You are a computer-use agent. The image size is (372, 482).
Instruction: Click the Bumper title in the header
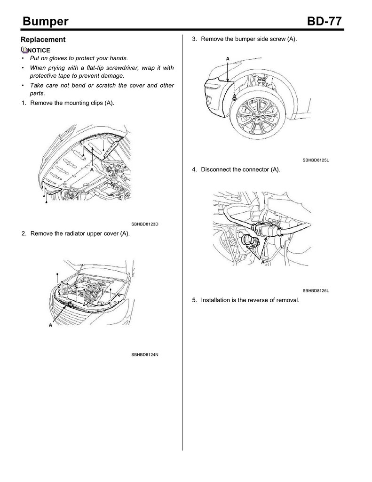click(x=46, y=22)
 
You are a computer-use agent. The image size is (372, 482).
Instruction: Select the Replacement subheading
click(x=43, y=40)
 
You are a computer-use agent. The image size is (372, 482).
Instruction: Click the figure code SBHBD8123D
click(x=145, y=224)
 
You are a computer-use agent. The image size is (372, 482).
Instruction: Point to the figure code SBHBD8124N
click(x=145, y=354)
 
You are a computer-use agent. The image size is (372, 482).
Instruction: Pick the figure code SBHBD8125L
click(x=316, y=161)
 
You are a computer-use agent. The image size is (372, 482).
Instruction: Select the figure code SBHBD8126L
click(x=316, y=291)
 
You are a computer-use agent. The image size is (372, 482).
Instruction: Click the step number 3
click(x=194, y=39)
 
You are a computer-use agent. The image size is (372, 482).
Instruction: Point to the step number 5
click(x=194, y=300)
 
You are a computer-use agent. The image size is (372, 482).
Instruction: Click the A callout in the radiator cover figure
click(x=50, y=325)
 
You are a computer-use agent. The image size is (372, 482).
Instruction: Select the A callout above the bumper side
click(x=228, y=58)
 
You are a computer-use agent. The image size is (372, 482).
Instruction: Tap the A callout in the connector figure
click(x=261, y=265)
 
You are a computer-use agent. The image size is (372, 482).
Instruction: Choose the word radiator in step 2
click(x=77, y=233)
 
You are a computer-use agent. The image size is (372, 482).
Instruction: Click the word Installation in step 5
click(x=218, y=300)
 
